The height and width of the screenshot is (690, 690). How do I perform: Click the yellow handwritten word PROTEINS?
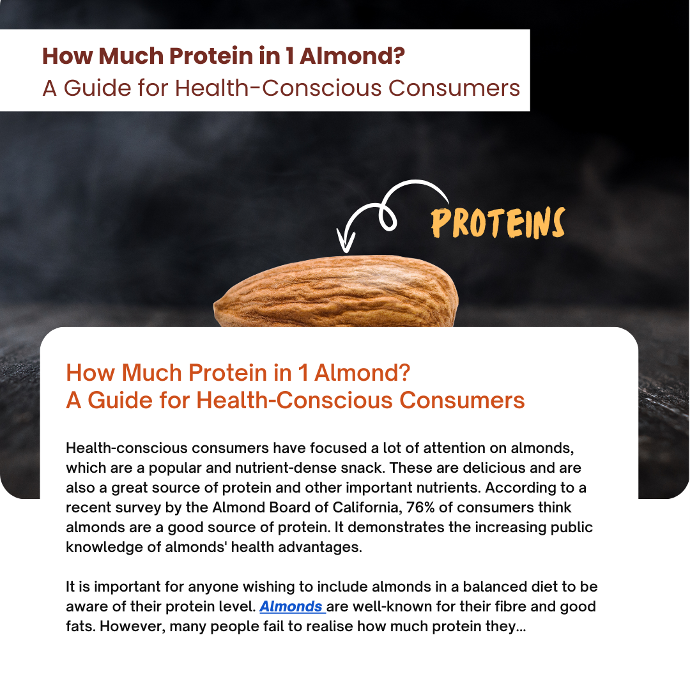(498, 223)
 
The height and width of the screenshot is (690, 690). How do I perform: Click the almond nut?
(336, 291)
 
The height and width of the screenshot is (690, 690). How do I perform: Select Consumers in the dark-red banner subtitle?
(454, 88)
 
